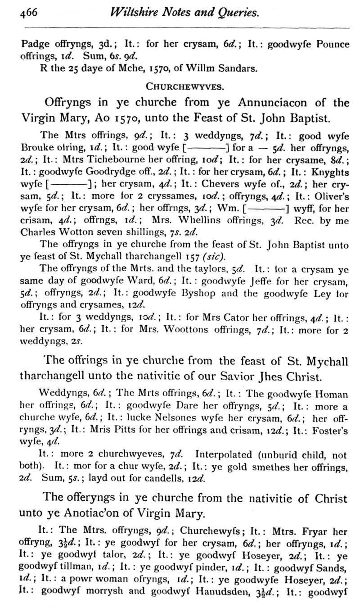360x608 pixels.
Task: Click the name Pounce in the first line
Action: point(332,44)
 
